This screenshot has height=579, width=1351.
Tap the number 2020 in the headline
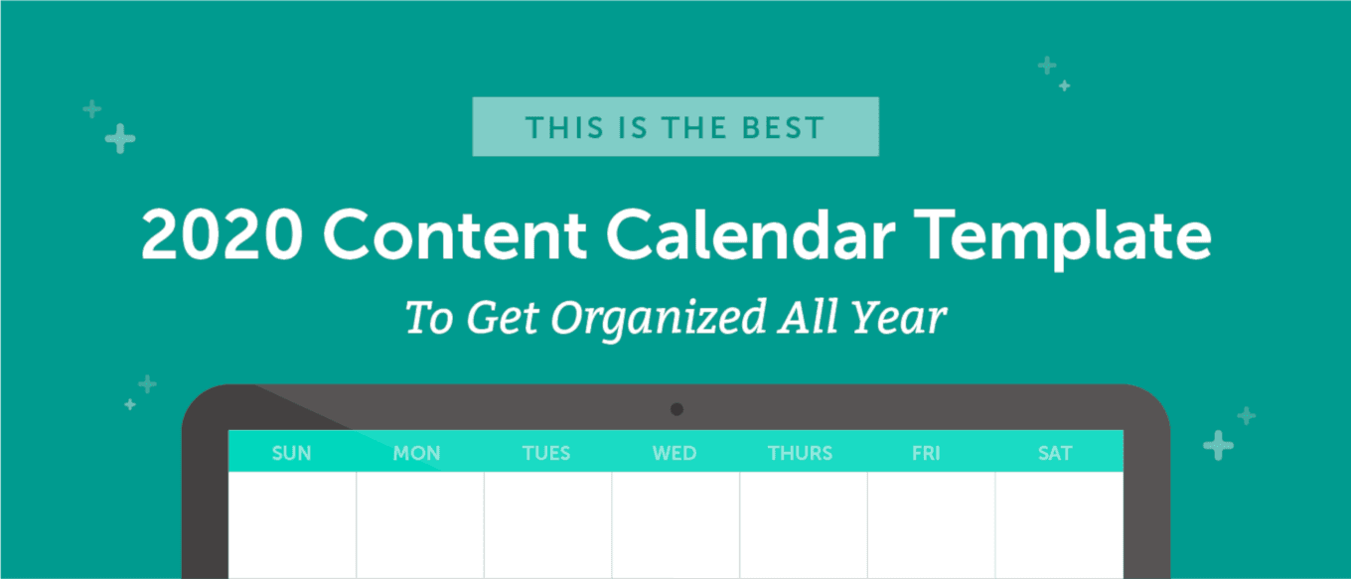click(x=222, y=234)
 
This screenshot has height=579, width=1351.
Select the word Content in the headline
click(x=455, y=234)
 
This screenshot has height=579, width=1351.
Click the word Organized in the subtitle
click(x=659, y=320)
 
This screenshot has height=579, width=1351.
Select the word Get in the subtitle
click(x=503, y=318)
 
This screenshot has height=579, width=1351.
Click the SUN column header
click(x=291, y=453)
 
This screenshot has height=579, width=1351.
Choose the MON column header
click(x=417, y=453)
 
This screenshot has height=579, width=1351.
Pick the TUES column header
click(x=545, y=453)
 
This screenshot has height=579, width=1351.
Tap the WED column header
click(x=675, y=453)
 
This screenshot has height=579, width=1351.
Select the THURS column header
click(x=800, y=453)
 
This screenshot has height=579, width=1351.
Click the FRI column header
click(x=926, y=453)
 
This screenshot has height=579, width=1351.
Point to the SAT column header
click(x=1055, y=453)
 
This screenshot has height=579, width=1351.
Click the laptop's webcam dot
click(x=676, y=409)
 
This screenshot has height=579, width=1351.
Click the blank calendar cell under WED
click(x=675, y=524)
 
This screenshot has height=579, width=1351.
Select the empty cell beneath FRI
click(x=931, y=524)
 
